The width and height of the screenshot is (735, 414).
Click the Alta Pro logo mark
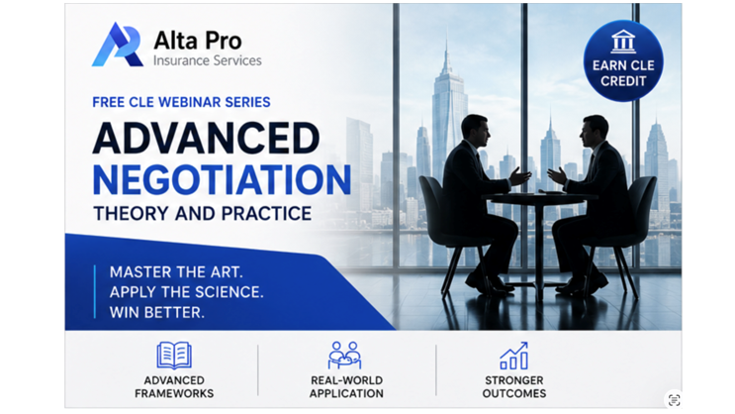(118, 45)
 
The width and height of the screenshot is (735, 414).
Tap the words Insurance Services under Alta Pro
(207, 60)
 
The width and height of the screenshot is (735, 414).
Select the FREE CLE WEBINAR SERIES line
(181, 102)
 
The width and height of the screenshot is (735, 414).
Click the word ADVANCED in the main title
(206, 138)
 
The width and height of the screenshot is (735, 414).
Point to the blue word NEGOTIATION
(222, 180)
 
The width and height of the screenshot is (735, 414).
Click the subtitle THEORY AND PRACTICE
(202, 214)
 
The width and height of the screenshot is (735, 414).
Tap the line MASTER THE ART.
(176, 272)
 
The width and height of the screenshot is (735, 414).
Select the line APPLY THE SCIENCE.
(187, 292)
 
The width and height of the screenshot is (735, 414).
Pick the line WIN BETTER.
(157, 312)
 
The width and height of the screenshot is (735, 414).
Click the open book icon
(174, 356)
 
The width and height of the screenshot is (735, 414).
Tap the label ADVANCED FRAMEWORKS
(174, 387)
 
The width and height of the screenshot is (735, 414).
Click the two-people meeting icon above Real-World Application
(344, 356)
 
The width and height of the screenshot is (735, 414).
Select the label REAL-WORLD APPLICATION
(346, 387)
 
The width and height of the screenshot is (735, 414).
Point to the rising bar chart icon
(513, 356)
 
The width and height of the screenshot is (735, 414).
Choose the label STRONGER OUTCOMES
(514, 387)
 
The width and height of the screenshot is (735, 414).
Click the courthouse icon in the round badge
(623, 42)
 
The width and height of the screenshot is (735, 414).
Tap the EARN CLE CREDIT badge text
(623, 73)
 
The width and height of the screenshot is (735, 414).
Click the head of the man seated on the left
(474, 129)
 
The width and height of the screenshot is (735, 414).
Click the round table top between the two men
(539, 195)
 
